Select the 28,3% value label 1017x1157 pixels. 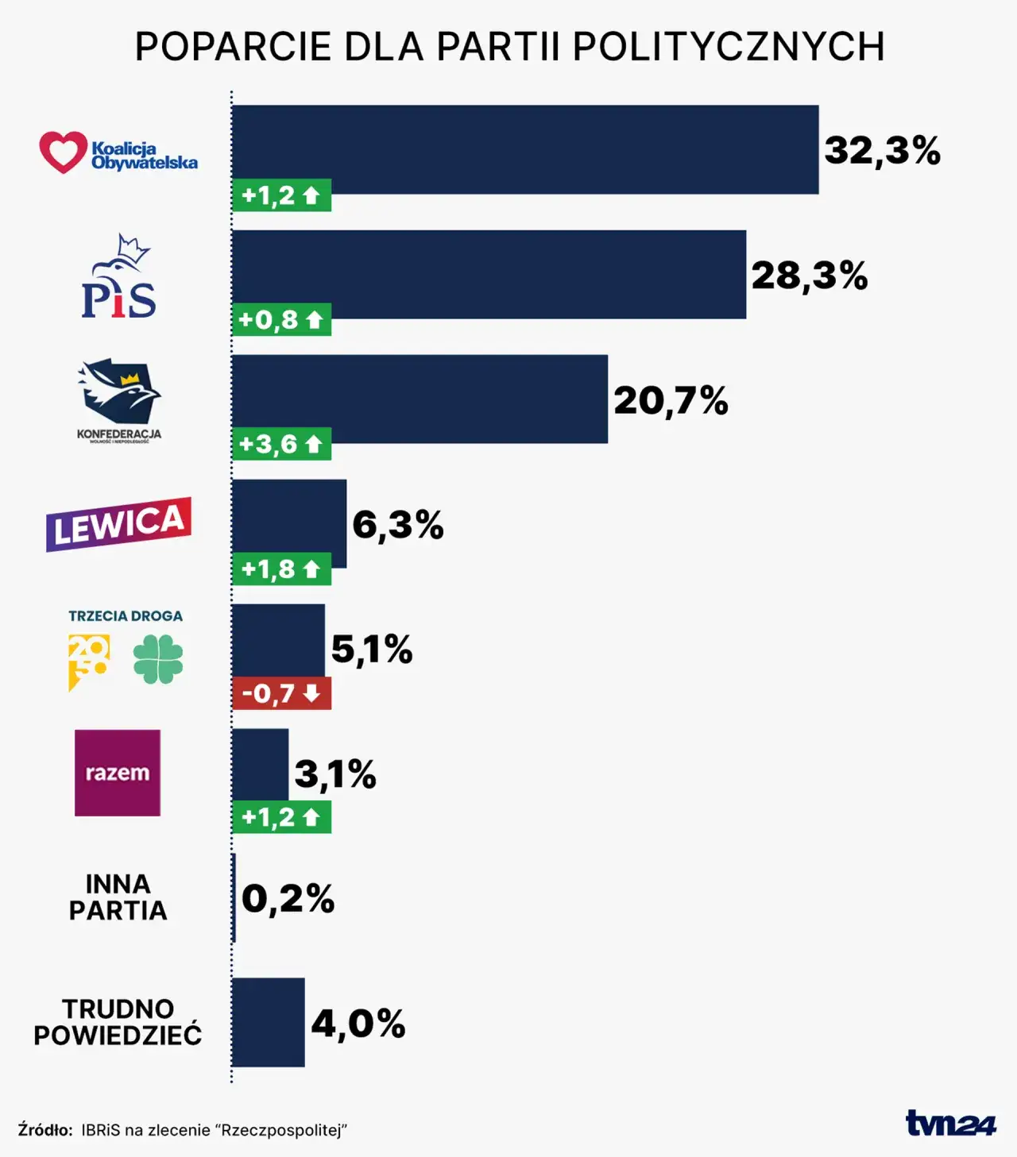pyautogui.click(x=809, y=276)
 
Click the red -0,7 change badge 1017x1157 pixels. pyautogui.click(x=281, y=693)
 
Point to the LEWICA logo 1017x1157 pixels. pyautogui.click(x=119, y=524)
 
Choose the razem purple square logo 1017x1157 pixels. pyautogui.click(x=118, y=773)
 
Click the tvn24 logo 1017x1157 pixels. pyautogui.click(x=950, y=1123)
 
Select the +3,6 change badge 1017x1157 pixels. pyautogui.click(x=281, y=444)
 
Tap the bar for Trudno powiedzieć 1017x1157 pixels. pyautogui.click(x=268, y=1022)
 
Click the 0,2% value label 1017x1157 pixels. pyautogui.click(x=288, y=899)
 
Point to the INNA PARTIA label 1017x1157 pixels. pyautogui.click(x=118, y=897)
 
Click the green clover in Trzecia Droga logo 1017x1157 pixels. pyautogui.click(x=158, y=659)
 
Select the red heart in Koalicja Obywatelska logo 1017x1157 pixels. pyautogui.click(x=63, y=152)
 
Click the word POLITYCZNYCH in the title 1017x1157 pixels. pyautogui.click(x=728, y=47)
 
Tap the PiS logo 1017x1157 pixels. pyautogui.click(x=119, y=278)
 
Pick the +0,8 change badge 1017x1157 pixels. pyautogui.click(x=281, y=320)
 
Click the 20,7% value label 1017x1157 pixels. pyautogui.click(x=671, y=400)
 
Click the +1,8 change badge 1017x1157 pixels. pyautogui.click(x=281, y=569)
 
